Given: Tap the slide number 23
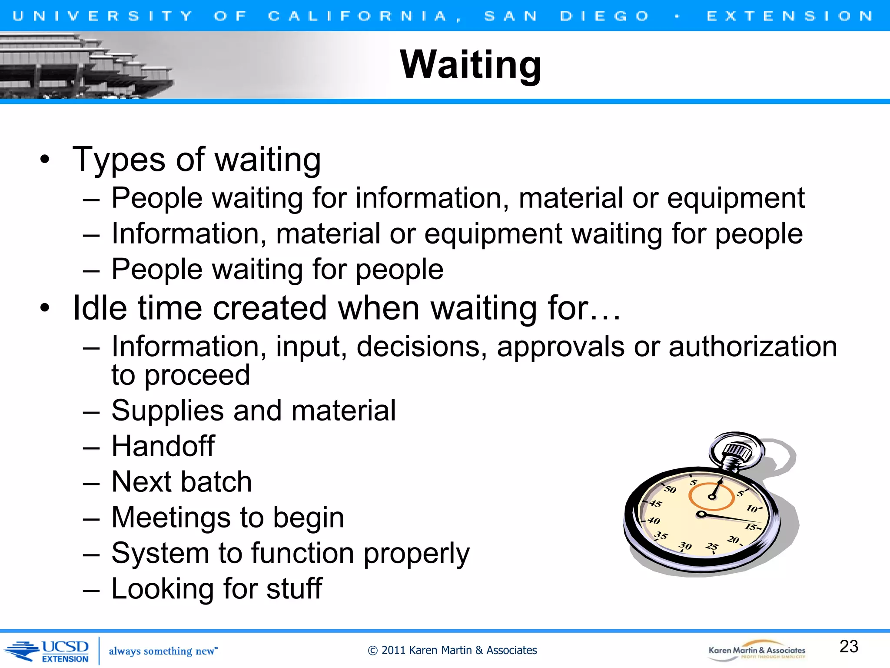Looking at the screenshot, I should [849, 646].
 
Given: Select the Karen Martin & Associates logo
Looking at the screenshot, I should [757, 651].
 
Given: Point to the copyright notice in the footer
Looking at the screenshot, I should [452, 650].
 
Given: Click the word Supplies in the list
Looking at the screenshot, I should [167, 411].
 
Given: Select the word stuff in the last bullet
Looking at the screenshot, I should [294, 588].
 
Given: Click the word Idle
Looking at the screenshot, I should [100, 308].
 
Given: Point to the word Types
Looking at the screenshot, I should [119, 159].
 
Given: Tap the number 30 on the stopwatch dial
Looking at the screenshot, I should [685, 546].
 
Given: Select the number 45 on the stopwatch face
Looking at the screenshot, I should [655, 504].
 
